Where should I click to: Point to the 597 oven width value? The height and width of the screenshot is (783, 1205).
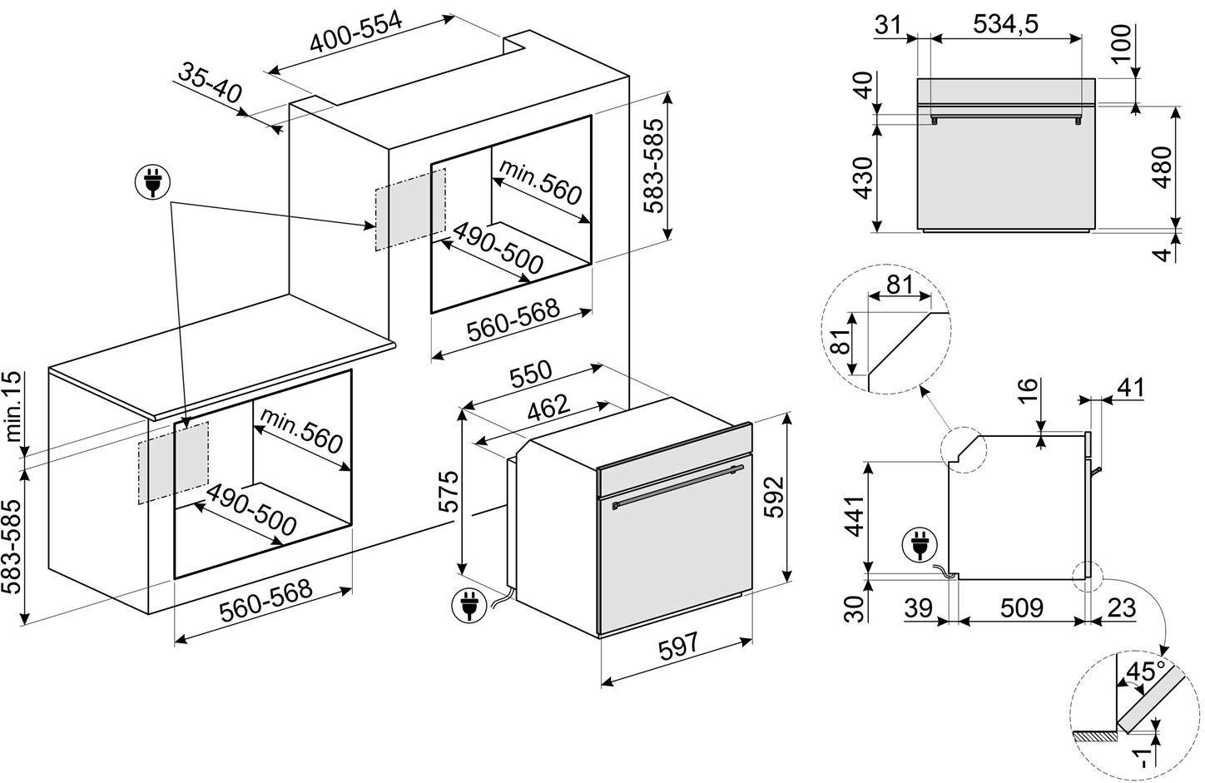click(676, 645)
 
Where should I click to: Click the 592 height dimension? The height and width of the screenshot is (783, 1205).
click(774, 498)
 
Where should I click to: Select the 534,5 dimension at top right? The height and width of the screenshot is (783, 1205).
click(1004, 25)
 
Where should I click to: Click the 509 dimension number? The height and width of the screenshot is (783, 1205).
click(1021, 608)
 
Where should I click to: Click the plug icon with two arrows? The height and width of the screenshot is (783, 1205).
click(152, 182)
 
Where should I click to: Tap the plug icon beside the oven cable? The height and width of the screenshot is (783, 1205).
click(468, 607)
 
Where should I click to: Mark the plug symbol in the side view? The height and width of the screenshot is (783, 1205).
click(919, 547)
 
